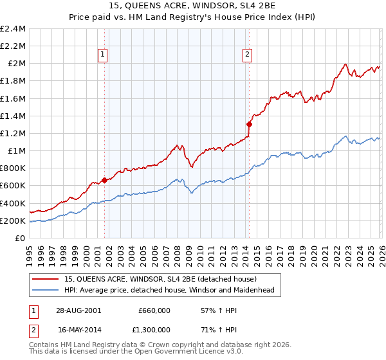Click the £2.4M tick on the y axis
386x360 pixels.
[x=13, y=29]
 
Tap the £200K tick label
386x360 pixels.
[x=13, y=221]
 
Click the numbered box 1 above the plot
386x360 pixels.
[x=104, y=55]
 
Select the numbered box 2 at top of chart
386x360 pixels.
[x=248, y=55]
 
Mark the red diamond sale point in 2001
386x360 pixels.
[x=105, y=181]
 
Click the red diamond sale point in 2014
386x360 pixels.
[x=248, y=125]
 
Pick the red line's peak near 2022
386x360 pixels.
[x=345, y=64]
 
